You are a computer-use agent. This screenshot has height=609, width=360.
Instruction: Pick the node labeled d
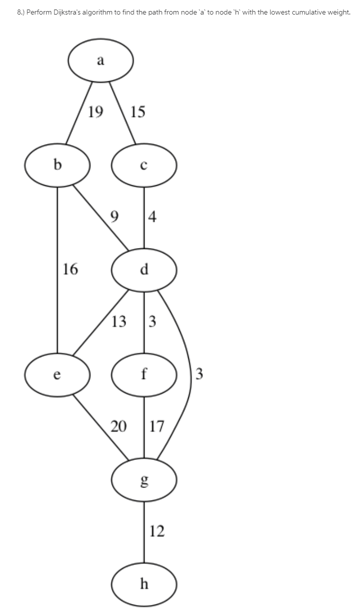click(144, 270)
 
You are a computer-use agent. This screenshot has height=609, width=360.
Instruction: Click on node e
click(58, 374)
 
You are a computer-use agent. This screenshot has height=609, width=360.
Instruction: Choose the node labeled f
click(144, 374)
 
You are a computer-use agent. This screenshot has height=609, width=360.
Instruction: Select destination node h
click(144, 583)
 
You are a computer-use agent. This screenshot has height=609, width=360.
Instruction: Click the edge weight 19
click(95, 111)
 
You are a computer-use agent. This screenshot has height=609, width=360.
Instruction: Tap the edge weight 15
click(137, 111)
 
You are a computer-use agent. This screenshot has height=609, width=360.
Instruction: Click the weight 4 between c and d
click(153, 217)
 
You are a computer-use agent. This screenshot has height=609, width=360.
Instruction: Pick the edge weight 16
click(70, 270)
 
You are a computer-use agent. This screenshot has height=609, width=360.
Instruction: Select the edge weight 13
click(119, 321)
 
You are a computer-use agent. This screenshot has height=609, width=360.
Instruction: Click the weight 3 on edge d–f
click(153, 321)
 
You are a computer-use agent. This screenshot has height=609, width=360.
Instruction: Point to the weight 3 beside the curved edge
click(199, 374)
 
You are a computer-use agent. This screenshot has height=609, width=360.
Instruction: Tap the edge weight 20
click(119, 427)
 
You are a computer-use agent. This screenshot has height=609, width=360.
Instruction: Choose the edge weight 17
click(157, 427)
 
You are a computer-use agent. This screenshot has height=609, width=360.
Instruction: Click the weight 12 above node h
click(157, 531)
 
